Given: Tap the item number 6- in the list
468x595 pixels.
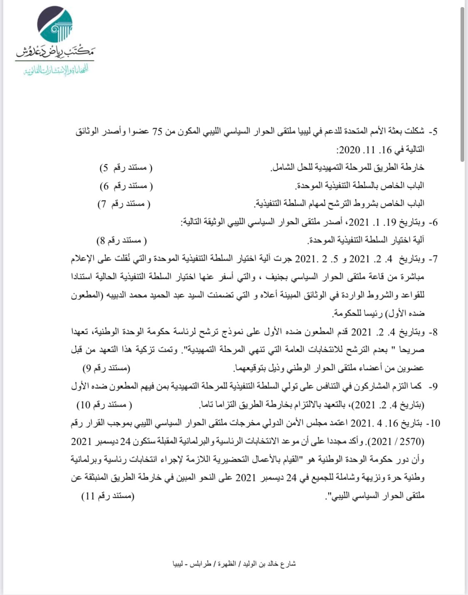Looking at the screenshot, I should pos(433,223).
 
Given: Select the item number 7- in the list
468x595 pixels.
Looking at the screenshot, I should pos(433,259).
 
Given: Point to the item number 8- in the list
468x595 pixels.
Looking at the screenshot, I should pos(433,332).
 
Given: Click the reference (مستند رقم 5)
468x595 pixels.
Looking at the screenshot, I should pos(126,168).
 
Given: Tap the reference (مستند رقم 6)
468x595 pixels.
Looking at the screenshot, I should pos(126,186).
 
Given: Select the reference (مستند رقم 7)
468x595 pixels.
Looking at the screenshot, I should pos(124,204).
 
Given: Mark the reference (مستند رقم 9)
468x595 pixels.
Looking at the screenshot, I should pos(106,368).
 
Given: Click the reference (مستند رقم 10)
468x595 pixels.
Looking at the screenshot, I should pos(104,405).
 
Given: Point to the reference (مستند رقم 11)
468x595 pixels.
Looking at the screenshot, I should pos(108,496).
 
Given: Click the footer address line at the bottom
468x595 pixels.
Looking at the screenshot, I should pos(234,564).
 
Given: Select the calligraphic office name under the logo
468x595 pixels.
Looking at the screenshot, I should pos(55,52).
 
